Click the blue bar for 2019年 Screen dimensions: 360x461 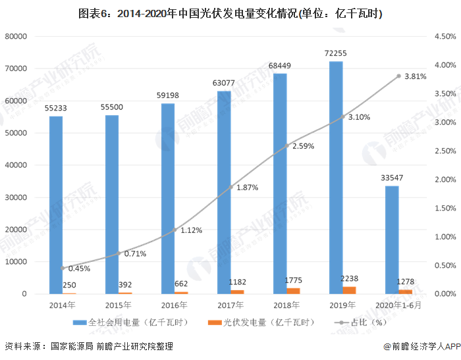[x=336, y=177]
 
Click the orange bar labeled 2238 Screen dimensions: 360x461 [x=349, y=290]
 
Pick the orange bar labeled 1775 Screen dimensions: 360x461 [x=293, y=291]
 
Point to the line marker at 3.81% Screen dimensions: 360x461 [x=398, y=76]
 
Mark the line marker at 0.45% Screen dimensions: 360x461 [x=63, y=268]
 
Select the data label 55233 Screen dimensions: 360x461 [x=55, y=108]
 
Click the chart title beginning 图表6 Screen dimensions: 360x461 [x=230, y=13]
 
